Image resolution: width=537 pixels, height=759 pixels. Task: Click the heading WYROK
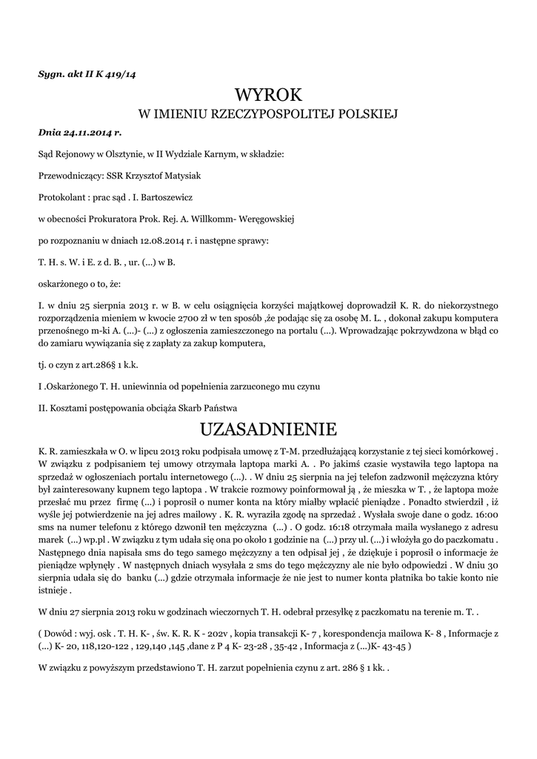[x=268, y=95]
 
